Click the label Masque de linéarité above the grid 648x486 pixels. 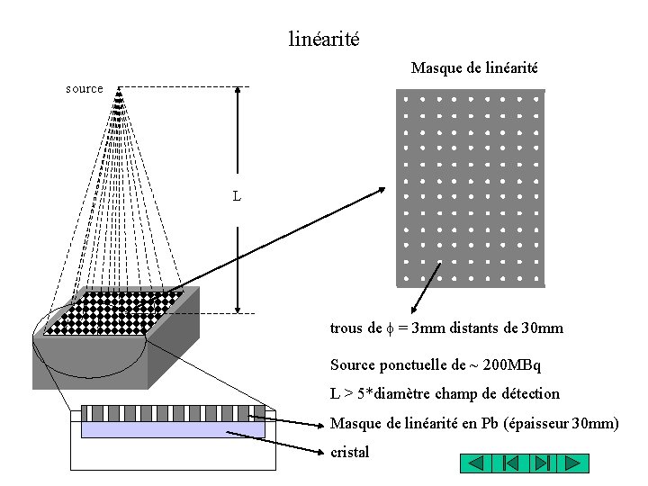[x=474, y=68]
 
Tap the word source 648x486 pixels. [x=85, y=88]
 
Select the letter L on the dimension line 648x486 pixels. [x=237, y=195]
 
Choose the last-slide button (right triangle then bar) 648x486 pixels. [x=541, y=463]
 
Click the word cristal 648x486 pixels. [x=350, y=453]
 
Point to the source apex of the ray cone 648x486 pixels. [x=119, y=88]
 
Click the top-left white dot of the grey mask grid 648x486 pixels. [x=406, y=99]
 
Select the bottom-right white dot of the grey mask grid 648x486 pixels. [x=535, y=278]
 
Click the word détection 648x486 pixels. [x=528, y=394]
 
